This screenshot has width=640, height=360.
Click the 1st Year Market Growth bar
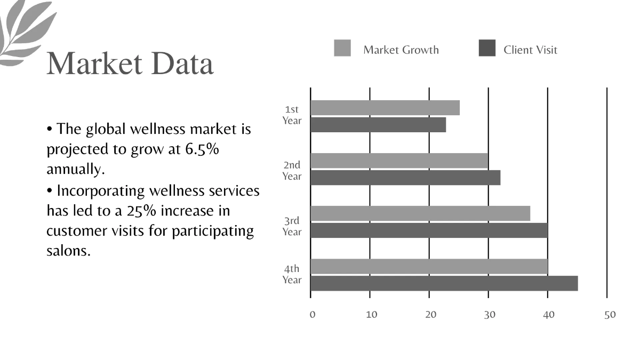click(385, 108)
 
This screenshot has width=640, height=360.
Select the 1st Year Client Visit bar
click(378, 125)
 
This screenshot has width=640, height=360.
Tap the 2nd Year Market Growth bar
click(399, 161)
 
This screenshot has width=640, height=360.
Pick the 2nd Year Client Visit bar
click(405, 178)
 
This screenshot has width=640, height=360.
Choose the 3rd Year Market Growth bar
click(420, 213)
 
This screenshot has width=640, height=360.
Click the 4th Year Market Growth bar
click(428, 266)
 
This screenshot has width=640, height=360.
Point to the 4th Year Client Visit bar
click(443, 283)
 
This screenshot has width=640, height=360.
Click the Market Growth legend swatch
click(342, 48)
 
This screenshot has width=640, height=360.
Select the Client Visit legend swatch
click(487, 48)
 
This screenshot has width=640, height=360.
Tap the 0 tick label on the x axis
click(313, 315)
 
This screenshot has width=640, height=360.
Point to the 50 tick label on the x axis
click(610, 315)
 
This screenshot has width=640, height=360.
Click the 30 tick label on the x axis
click(490, 315)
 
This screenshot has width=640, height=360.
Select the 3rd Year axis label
click(292, 226)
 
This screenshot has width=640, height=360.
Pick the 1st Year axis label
click(292, 115)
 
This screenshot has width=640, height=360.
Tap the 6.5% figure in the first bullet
click(202, 149)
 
